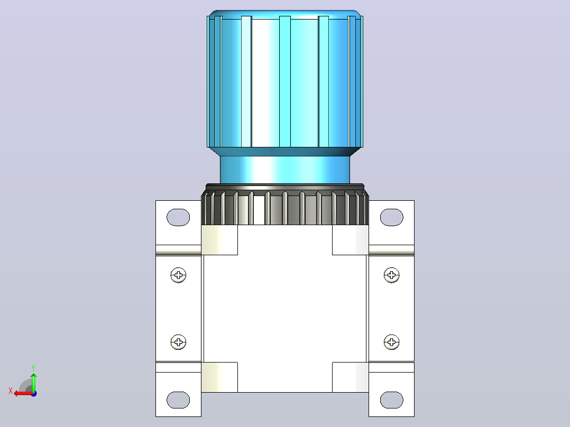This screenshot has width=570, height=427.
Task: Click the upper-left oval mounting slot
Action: tap(178, 217)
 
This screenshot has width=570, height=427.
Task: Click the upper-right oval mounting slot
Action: tap(391, 217)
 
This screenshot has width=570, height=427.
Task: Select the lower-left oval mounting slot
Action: tap(178, 400)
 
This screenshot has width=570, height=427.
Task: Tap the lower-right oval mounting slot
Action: tap(391, 400)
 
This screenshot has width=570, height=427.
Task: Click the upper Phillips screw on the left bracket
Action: tap(179, 275)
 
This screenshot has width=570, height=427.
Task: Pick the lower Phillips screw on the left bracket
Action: tap(179, 342)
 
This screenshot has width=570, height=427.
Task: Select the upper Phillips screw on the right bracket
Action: tap(391, 275)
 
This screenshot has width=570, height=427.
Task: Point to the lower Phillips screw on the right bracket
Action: tap(391, 342)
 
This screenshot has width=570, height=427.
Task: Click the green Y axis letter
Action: tap(33, 368)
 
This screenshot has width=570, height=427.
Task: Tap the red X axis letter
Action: tap(11, 391)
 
